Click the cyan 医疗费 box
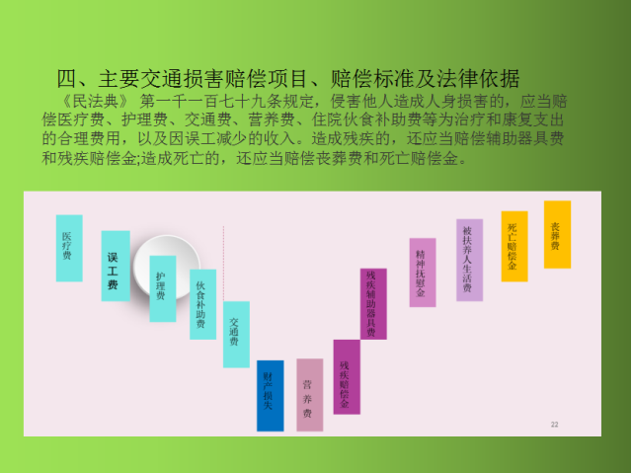69,248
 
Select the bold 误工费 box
116,266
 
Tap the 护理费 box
163,288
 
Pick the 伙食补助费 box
202,304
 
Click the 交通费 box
236,335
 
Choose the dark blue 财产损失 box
270,396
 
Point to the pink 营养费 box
309,395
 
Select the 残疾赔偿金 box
347,376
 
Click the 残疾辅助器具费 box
373,304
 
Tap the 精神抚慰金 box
423,273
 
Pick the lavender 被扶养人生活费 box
470,260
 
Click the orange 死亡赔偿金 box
514,246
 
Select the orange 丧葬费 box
557,234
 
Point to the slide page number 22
555,425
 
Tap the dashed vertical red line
224,264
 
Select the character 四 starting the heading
66,79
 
